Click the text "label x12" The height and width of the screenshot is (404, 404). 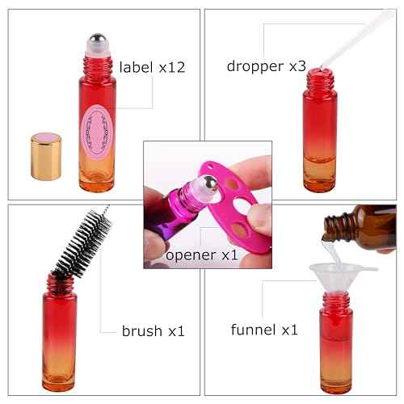coord(153,67)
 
